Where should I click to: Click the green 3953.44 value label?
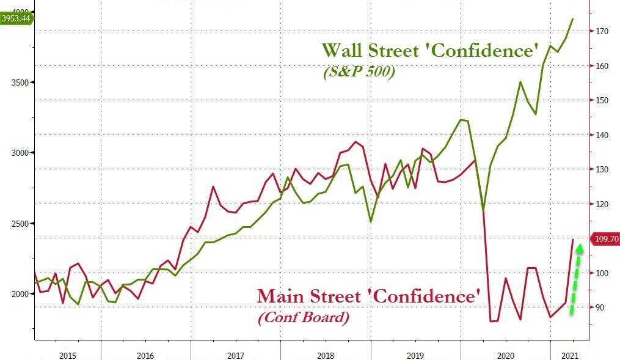(17, 18)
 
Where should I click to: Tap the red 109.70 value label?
(605, 239)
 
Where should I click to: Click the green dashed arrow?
(576, 279)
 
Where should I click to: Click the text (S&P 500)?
(359, 72)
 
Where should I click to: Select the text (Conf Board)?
(304, 318)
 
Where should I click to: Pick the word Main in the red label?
(279, 296)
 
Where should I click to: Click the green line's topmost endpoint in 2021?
(572, 19)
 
